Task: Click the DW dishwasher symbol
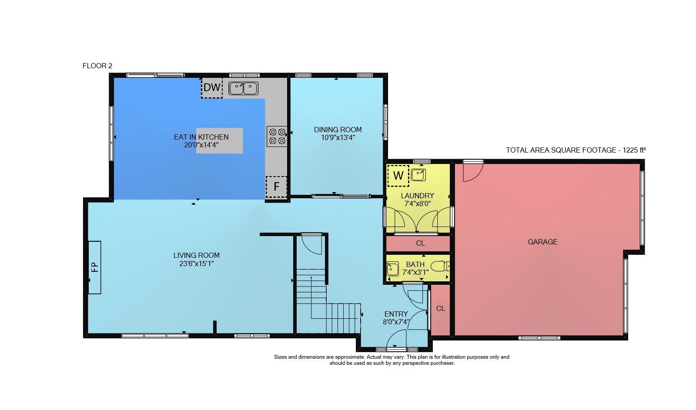[212, 87]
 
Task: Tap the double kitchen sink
[243, 88]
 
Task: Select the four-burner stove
[277, 137]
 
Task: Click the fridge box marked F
[276, 187]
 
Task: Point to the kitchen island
[219, 140]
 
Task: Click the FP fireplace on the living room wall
[95, 267]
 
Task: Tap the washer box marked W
[398, 176]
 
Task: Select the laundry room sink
[418, 175]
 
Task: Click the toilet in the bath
[440, 267]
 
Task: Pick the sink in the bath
[392, 269]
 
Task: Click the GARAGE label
[542, 242]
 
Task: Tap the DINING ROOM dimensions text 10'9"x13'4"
[338, 137]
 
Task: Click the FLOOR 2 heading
[97, 66]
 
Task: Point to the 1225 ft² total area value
[634, 150]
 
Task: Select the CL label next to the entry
[441, 308]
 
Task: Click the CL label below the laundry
[420, 243]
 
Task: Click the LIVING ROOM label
[196, 255]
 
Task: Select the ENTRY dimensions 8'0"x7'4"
[396, 322]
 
